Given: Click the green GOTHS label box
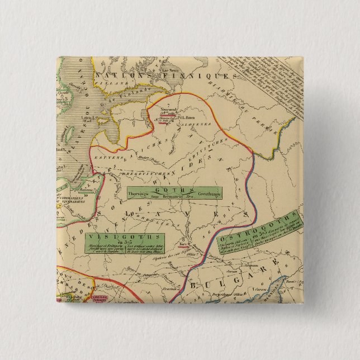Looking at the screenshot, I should point(173,193).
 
